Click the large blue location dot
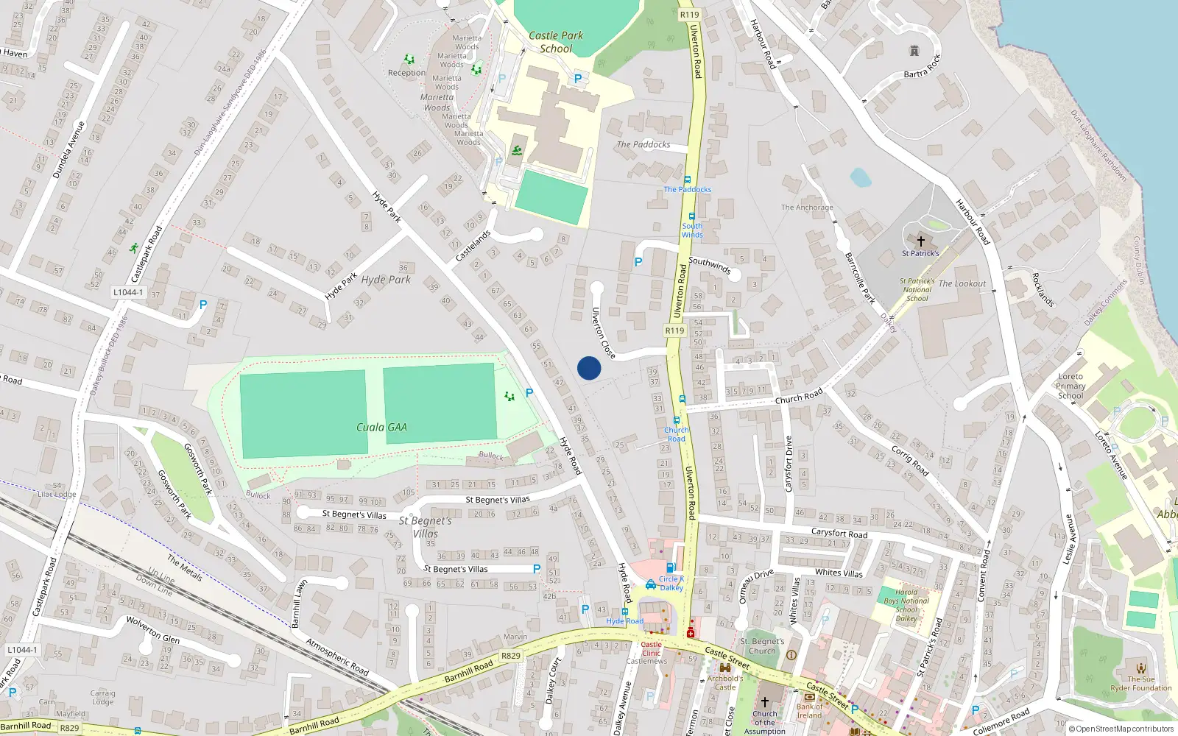(x=589, y=368)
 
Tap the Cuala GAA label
(x=381, y=427)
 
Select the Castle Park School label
(x=556, y=42)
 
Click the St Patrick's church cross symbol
(x=920, y=241)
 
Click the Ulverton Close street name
(x=604, y=333)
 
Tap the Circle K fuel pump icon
(x=671, y=567)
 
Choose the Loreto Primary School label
(x=1071, y=386)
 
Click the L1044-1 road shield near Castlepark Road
(x=128, y=292)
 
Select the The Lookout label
(x=962, y=283)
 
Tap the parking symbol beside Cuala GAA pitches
(x=529, y=393)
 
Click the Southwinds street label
(x=710, y=265)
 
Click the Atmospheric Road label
(x=337, y=657)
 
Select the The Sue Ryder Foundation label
(x=1140, y=684)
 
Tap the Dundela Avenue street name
(x=68, y=149)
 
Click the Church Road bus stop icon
(x=683, y=400)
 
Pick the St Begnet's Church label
(x=762, y=646)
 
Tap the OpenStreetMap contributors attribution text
(x=1122, y=729)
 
